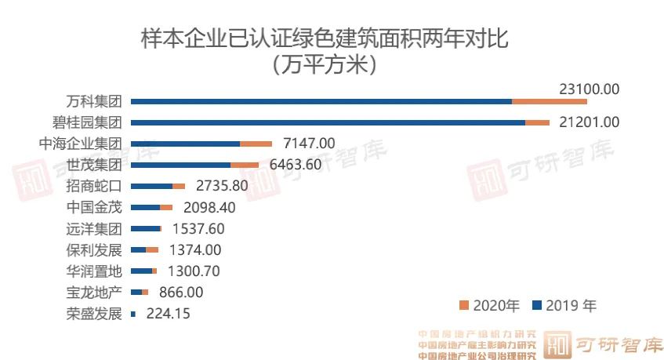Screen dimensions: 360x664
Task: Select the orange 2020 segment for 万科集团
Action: [549, 101]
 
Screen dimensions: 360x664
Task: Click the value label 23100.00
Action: [590, 89]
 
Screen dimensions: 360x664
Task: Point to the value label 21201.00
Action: [589, 122]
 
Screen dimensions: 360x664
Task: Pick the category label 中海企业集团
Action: [81, 144]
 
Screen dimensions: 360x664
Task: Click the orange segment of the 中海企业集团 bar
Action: [256, 144]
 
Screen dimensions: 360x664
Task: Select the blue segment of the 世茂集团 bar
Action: [180, 165]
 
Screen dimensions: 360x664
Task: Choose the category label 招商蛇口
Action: [94, 186]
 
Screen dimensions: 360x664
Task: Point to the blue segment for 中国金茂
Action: [145, 207]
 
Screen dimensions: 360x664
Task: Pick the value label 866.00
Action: [180, 292]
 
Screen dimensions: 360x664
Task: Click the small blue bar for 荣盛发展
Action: [132, 314]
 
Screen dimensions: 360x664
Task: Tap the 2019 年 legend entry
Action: [564, 305]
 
